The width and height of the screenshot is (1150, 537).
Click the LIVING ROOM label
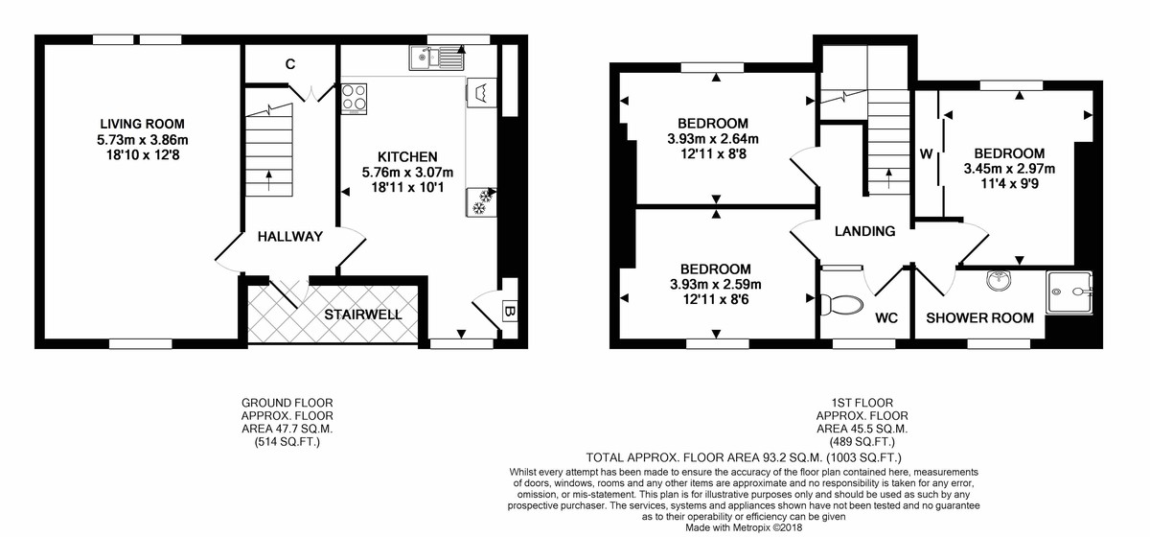click(142, 124)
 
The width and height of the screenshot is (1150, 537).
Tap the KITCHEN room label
click(407, 156)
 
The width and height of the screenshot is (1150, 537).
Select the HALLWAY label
click(289, 237)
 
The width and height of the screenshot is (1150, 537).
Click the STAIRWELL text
click(362, 315)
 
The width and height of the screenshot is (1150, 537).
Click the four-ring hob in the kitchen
click(355, 98)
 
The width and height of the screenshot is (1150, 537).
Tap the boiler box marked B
click(510, 312)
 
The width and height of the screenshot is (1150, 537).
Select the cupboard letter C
click(288, 65)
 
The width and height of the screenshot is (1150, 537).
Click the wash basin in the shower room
click(1000, 282)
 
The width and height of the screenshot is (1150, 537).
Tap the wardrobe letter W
click(926, 153)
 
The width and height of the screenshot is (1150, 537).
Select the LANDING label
click(864, 231)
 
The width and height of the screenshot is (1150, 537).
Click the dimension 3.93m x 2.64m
click(713, 138)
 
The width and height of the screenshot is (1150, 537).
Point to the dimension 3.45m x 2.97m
click(1009, 169)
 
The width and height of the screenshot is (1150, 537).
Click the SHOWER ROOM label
click(978, 318)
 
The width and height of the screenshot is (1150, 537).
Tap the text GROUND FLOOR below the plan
click(287, 404)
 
